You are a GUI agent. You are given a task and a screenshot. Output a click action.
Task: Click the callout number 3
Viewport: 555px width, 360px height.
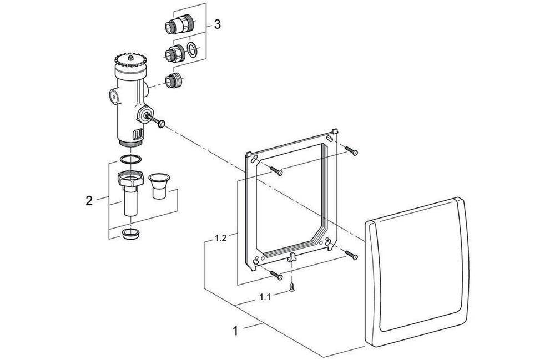pyautogui.click(x=217, y=24)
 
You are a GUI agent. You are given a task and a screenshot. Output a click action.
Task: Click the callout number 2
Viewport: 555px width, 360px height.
pyautogui.click(x=89, y=201)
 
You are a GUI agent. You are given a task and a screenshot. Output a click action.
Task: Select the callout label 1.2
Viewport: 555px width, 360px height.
pyautogui.click(x=221, y=239)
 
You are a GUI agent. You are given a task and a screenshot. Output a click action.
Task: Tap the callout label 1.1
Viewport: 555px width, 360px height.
pyautogui.click(x=265, y=297)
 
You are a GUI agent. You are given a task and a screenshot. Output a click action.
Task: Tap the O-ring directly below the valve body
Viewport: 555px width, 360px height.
pyautogui.click(x=129, y=160)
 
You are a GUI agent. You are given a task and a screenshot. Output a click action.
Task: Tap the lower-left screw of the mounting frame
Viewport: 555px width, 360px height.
pyautogui.click(x=276, y=275)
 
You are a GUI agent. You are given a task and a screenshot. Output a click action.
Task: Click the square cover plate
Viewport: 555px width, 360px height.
pyautogui.click(x=416, y=272)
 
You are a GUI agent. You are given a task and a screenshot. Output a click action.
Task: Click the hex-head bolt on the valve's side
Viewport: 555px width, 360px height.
pyautogui.click(x=160, y=124)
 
